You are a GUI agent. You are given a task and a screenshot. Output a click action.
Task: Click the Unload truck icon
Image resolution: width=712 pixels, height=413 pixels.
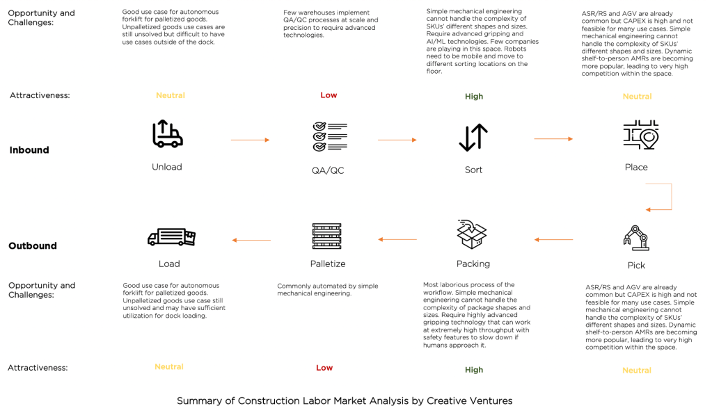pos(167,134)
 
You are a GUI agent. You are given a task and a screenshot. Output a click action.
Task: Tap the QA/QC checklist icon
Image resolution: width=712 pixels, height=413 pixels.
pos(329,137)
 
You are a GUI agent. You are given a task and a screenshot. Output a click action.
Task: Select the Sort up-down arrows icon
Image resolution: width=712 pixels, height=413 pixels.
pos(473,137)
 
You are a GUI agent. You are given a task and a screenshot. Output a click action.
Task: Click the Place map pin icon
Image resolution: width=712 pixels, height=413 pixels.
pos(640,135)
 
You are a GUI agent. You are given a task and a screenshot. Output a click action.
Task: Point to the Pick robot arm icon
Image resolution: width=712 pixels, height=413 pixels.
pos(635,238)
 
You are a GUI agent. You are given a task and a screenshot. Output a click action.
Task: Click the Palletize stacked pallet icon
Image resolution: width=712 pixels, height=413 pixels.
pos(327,236)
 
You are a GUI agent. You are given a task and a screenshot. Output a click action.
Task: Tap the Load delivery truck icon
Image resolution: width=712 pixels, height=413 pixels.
pos(171,237)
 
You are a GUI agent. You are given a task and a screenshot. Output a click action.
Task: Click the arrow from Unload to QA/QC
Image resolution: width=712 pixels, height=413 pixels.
pos(250,140)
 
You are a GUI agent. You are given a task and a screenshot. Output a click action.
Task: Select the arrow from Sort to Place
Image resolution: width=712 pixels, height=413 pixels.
pos(553,139)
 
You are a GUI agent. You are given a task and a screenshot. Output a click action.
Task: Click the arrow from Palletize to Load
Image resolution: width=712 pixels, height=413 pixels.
pos(251,241)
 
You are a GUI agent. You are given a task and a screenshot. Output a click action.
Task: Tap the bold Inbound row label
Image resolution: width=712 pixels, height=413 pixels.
pos(29,150)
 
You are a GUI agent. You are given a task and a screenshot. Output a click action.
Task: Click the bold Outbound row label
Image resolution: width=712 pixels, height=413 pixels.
pos(33,245)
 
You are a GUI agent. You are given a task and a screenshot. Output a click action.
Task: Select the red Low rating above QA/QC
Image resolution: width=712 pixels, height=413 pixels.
pos(329,95)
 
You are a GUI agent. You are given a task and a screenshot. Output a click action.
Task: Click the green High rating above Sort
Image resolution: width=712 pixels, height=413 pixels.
pos(474,97)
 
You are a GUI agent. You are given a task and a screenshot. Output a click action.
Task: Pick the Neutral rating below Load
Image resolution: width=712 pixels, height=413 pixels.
pos(169,366)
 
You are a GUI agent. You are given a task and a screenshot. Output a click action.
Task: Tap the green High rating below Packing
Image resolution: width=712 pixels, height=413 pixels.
pos(474,370)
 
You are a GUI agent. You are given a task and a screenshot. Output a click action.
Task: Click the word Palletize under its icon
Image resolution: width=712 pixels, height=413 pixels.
pos(328,264)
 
